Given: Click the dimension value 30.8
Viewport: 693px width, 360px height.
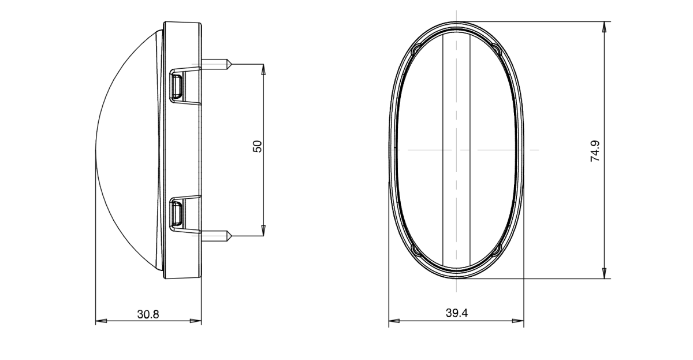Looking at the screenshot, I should (148, 314).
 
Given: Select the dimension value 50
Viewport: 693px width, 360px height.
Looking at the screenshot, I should (258, 146).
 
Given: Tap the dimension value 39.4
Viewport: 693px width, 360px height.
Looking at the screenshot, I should (456, 314).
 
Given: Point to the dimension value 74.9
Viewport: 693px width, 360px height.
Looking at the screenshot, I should (595, 150).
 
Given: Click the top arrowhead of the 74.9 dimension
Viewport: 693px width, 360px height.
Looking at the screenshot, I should (605, 27).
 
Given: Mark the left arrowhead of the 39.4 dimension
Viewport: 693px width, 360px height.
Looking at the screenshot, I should (393, 321).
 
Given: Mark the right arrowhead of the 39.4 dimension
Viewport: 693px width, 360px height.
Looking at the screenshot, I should (519, 321).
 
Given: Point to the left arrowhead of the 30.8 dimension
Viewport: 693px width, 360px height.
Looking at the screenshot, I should (100, 321).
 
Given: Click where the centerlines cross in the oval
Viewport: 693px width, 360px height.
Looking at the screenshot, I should (456, 150).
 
